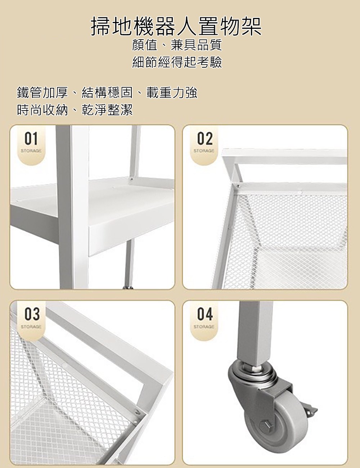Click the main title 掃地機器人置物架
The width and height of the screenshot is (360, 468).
pyautogui.click(x=176, y=27)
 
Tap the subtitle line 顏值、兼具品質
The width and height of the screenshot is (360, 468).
pyautogui.click(x=177, y=45)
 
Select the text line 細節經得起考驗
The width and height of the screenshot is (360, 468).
pyautogui.click(x=177, y=62)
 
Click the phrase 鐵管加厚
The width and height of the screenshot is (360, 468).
pyautogui.click(x=42, y=93)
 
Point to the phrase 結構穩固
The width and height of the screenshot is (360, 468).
pyautogui.click(x=107, y=93)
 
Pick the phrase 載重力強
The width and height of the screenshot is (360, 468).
pyautogui.click(x=172, y=93)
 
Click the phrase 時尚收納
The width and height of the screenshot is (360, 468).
pyautogui.click(x=42, y=110)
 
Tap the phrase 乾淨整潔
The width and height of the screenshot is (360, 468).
pyautogui.click(x=107, y=110)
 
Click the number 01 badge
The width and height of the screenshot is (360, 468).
pyautogui.click(x=31, y=139)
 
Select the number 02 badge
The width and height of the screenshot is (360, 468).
pyautogui.click(x=205, y=139)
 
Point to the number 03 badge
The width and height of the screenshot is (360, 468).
pyautogui.click(x=32, y=314)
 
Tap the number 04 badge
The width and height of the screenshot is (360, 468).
pyautogui.click(x=205, y=314)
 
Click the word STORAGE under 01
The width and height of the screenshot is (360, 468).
pyautogui.click(x=31, y=151)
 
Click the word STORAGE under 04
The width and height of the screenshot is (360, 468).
pyautogui.click(x=204, y=327)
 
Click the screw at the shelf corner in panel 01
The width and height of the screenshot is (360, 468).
pyautogui.click(x=131, y=179)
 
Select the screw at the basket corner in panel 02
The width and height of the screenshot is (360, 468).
pyautogui.click(x=238, y=185)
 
